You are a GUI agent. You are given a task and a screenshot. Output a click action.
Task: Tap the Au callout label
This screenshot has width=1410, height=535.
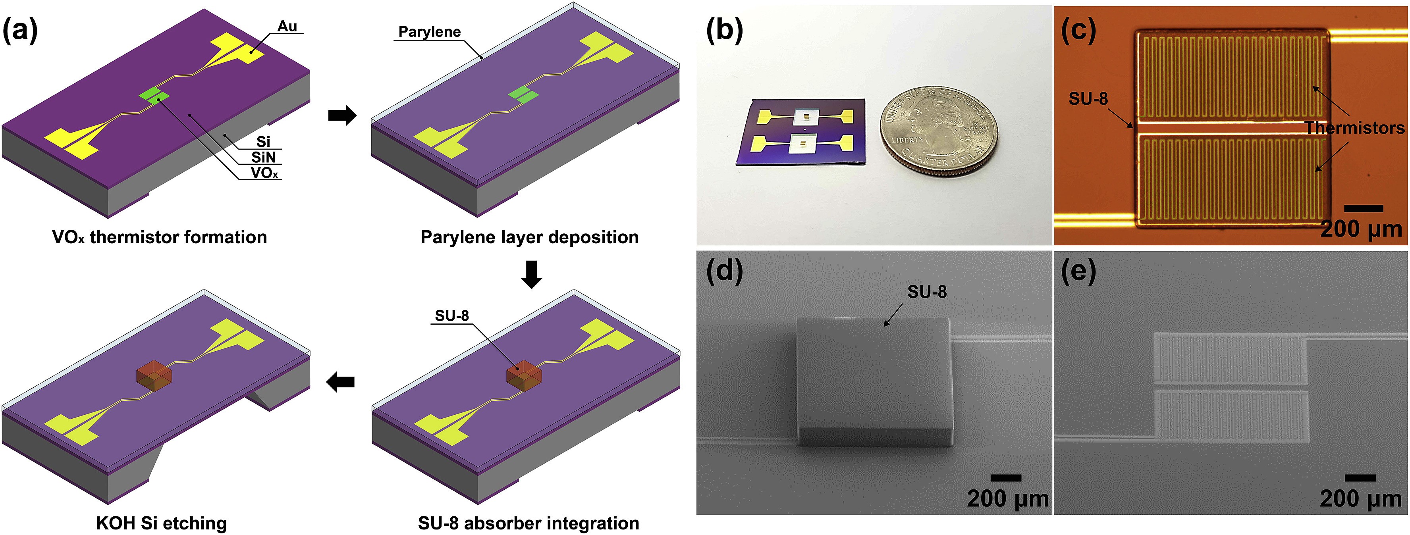point(287,26)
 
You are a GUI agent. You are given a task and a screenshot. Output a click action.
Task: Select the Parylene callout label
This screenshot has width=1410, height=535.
point(429,32)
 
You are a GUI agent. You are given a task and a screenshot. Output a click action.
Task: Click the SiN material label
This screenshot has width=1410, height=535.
point(263,158)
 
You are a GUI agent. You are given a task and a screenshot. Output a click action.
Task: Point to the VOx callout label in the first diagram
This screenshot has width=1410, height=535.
point(264,173)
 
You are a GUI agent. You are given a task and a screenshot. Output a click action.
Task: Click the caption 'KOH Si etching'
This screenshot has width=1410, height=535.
point(161,523)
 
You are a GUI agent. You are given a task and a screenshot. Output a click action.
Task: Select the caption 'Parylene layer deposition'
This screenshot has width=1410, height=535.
point(529,237)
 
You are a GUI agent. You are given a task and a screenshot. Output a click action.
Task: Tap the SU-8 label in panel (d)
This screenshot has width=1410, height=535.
point(927,292)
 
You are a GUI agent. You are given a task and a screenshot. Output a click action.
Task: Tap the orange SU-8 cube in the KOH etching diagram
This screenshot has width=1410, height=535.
point(154,376)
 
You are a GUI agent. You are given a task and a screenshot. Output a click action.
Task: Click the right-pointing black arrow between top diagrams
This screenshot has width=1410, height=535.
point(342,115)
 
